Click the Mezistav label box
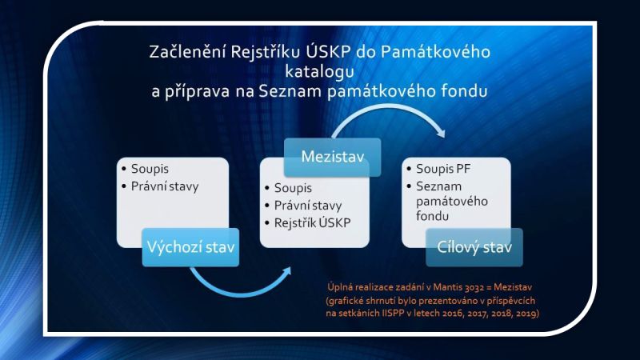pos(332,157)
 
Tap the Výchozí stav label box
pos(190,247)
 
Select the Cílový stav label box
pos(474,247)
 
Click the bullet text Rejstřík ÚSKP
pos(312,223)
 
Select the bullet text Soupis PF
pos(443,169)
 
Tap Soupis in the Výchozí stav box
pos(150,169)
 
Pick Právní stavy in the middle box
pos(308,206)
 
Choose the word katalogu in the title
pos(319,71)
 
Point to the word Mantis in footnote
pos(448,287)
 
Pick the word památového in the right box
pos(452,202)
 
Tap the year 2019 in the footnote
pos(527,314)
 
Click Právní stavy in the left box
pos(165,186)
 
